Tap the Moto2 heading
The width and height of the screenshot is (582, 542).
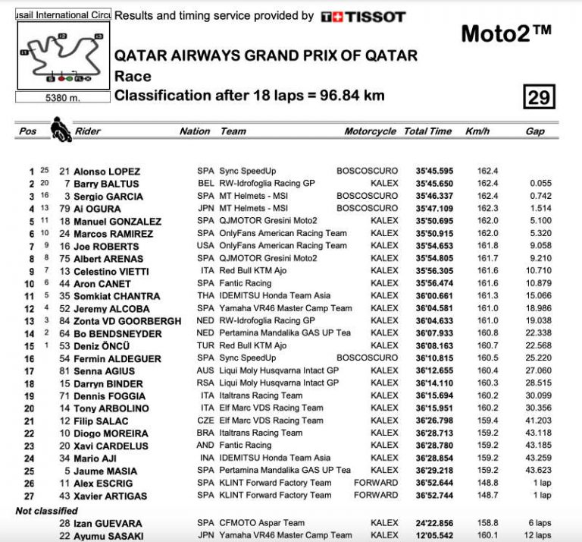click(505, 33)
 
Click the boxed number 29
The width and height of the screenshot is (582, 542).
click(539, 97)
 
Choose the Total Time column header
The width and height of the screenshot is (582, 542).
click(427, 131)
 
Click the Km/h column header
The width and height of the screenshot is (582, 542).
click(477, 131)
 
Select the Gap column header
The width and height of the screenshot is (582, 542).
click(535, 131)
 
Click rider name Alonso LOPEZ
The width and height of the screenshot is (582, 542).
click(107, 172)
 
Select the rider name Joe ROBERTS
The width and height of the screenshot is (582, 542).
click(106, 247)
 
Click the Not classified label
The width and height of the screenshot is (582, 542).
click(46, 511)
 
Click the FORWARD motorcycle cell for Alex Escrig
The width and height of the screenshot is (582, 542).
click(375, 483)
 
